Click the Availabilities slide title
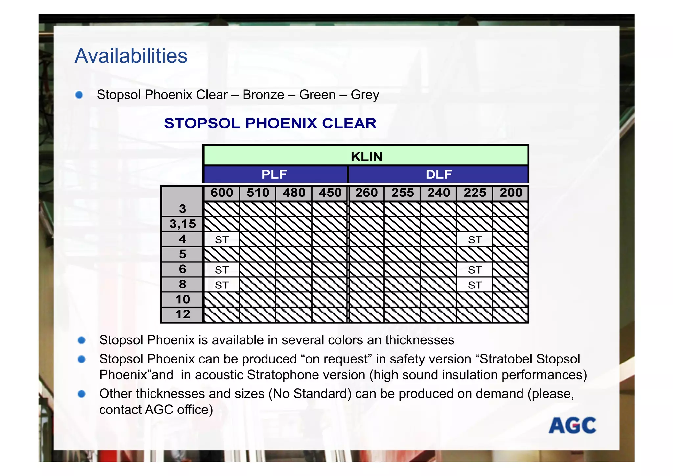[x=131, y=56]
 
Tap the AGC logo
[x=572, y=425]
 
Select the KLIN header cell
[x=366, y=156]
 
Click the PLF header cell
[x=274, y=174]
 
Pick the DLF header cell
[x=438, y=174]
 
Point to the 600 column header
[x=222, y=193]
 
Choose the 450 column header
[x=330, y=193]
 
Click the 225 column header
[x=475, y=193]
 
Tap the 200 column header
[x=511, y=193]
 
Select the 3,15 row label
[x=182, y=224]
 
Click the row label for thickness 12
[x=182, y=314]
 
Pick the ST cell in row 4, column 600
[x=222, y=240]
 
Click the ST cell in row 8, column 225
[x=475, y=285]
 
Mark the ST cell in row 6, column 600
[x=222, y=270]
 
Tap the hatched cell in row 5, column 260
[x=366, y=254]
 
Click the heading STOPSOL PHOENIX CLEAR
[x=270, y=123]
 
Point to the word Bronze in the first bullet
[x=263, y=95]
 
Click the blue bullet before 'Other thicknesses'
[x=81, y=394]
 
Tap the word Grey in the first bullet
[x=365, y=95]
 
